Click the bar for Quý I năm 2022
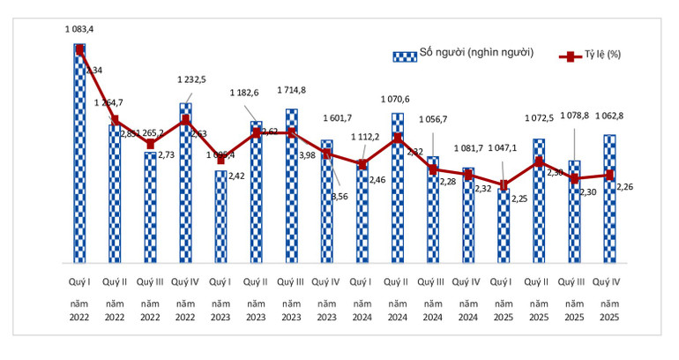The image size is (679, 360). point(79,159)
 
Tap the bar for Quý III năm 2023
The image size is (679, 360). point(292,190)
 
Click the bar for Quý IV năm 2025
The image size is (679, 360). point(609,203)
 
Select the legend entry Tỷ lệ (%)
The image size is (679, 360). point(599,55)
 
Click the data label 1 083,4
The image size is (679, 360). point(79,29)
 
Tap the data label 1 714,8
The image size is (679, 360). point(292,90)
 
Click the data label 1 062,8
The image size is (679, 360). point(609,117)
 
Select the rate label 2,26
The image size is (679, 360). point(624,186)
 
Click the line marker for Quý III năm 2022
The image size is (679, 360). point(150,144)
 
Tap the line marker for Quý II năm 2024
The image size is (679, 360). point(398,138)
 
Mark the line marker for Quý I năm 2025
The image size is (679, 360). point(504,185)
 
